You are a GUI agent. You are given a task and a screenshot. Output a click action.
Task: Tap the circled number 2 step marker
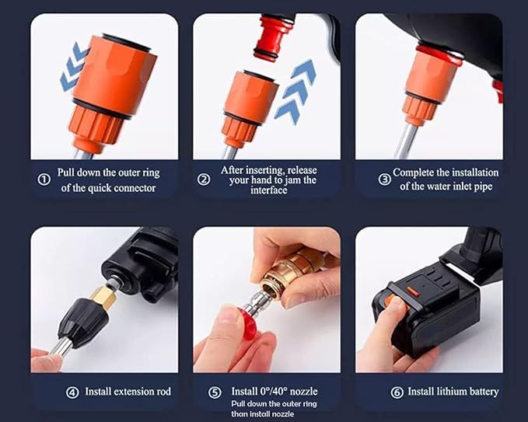coord(205,179)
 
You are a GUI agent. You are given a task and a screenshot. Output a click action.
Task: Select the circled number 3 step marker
coord(384,179)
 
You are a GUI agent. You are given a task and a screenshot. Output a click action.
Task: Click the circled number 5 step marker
coord(215,392)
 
